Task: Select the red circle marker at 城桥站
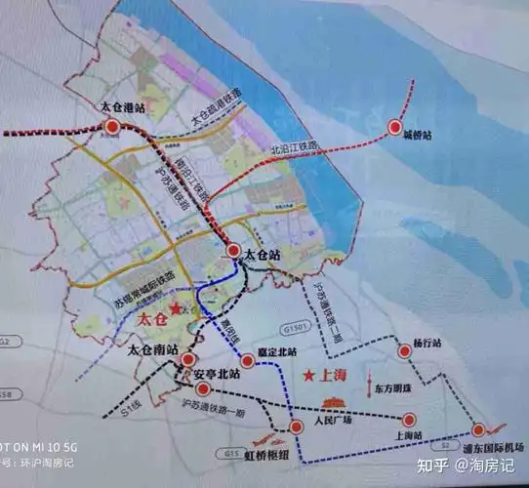[x=395, y=126]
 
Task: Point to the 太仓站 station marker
[x=233, y=251]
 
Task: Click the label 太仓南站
[x=154, y=348]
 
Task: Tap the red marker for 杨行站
[x=403, y=351]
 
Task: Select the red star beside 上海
[x=308, y=375]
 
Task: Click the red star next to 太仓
[x=176, y=311]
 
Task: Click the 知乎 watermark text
[x=427, y=467]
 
